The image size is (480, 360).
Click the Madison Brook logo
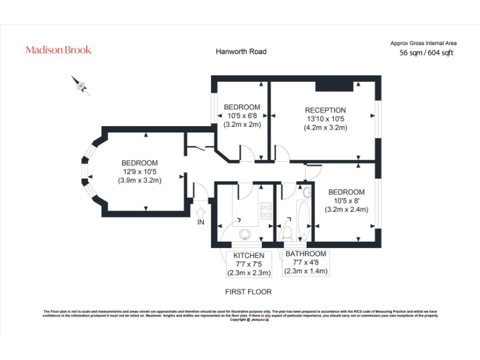[x=58, y=50]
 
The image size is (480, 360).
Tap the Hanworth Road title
[x=241, y=51]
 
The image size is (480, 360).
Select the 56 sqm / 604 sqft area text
[x=426, y=53]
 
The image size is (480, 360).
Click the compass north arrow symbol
[x=80, y=85]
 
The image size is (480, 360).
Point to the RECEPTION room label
[x=325, y=111]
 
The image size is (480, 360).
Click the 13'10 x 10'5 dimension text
[x=325, y=119]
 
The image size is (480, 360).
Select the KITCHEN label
[x=249, y=256]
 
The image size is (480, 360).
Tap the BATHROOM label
[x=306, y=254]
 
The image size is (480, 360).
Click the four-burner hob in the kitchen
[x=266, y=211]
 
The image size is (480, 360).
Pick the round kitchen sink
[x=244, y=234]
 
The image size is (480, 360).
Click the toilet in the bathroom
[x=288, y=233]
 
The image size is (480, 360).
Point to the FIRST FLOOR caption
[x=248, y=292]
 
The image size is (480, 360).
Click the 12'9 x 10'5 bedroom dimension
[x=139, y=172]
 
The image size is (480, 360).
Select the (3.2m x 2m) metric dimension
[x=242, y=124]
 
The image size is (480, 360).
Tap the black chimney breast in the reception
[x=329, y=86]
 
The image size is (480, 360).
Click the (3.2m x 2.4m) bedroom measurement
[x=346, y=209]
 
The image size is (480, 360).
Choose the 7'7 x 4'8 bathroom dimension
[x=306, y=262]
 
